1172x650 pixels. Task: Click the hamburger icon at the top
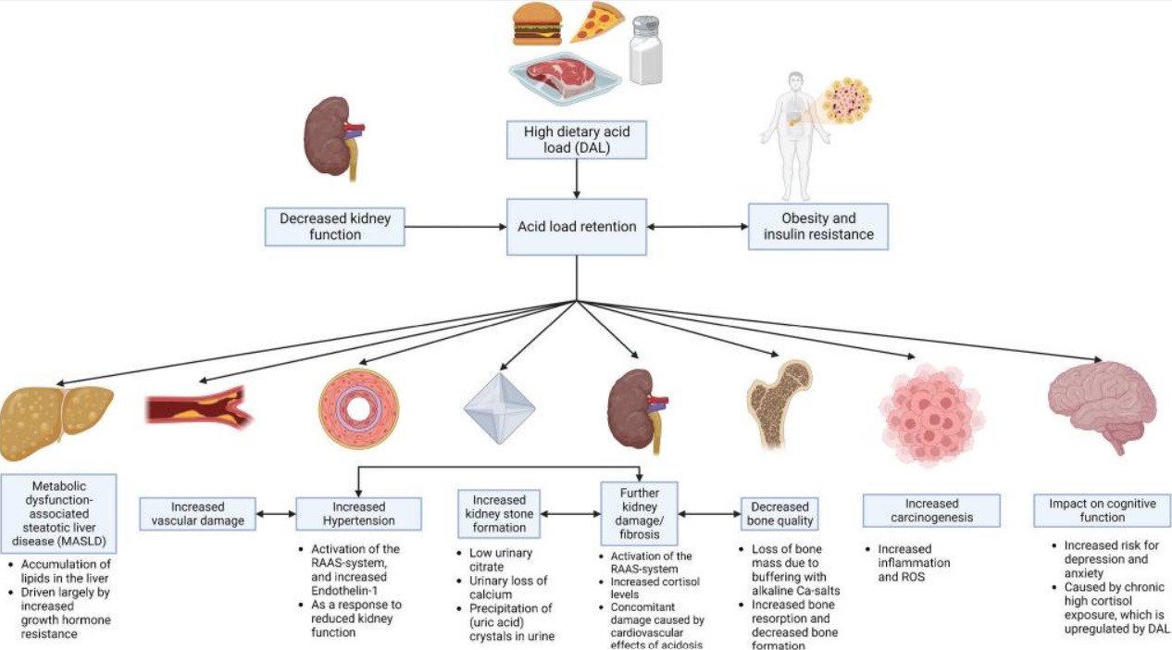(x=537, y=25)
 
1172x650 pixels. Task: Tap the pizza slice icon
(x=597, y=21)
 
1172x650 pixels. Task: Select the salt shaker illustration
(x=646, y=50)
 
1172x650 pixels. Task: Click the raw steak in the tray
(x=564, y=78)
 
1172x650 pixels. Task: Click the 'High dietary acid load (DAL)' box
(x=577, y=140)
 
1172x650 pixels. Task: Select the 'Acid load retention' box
(x=577, y=227)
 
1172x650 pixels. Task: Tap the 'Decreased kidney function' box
(x=335, y=227)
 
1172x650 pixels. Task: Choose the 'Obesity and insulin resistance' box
(x=818, y=227)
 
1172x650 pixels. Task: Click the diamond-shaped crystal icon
(x=500, y=408)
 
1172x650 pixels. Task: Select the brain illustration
(x=1102, y=406)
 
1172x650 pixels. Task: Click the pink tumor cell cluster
(x=932, y=415)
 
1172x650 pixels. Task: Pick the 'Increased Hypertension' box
(x=358, y=514)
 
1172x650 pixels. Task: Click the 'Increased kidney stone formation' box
(x=499, y=514)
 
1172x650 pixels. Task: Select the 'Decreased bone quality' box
(x=779, y=514)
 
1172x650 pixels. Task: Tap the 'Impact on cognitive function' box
(x=1102, y=510)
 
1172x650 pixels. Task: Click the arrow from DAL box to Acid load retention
(x=577, y=179)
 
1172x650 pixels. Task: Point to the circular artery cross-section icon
(x=358, y=408)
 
